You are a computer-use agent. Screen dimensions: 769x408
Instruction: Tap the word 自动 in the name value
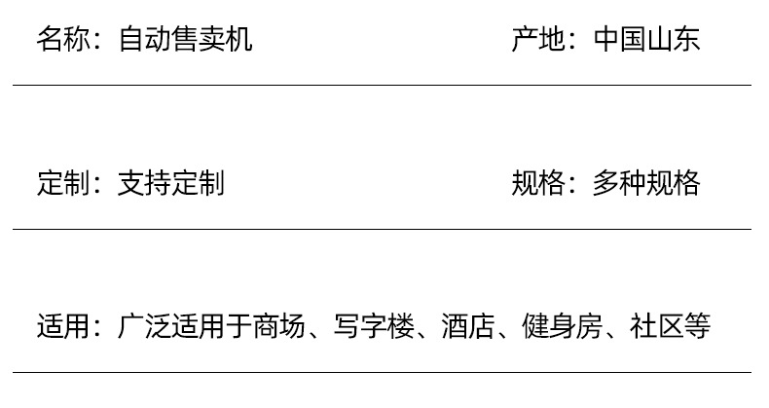click(144, 39)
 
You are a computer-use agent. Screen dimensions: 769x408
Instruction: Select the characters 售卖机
click(212, 39)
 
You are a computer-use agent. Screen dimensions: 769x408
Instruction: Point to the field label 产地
click(537, 39)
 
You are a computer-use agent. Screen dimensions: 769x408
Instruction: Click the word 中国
click(619, 39)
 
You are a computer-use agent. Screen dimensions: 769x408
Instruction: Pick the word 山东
click(674, 39)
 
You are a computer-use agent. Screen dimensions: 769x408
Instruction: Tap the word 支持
click(144, 183)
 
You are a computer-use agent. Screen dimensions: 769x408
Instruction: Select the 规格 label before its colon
click(537, 183)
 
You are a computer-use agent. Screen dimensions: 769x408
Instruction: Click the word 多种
click(619, 183)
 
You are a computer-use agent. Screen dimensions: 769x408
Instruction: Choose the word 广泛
click(144, 326)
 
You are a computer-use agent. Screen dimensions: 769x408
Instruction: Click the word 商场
click(279, 326)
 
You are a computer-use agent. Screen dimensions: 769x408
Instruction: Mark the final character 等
click(697, 326)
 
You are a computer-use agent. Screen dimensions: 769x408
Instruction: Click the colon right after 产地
click(574, 41)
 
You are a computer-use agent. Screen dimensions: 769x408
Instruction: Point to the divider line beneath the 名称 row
click(382, 86)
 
